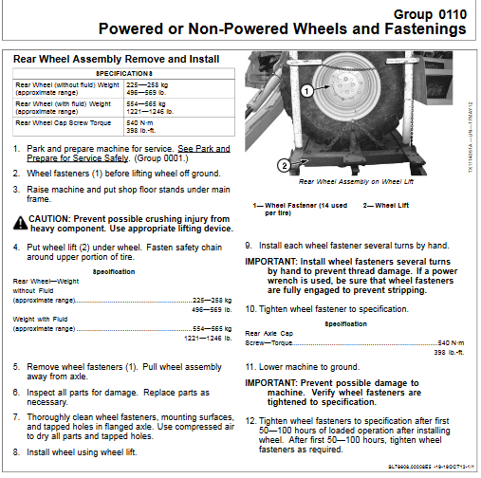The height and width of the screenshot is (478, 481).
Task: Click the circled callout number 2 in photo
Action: click(x=284, y=165)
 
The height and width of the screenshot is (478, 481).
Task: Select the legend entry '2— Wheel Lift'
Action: click(x=390, y=205)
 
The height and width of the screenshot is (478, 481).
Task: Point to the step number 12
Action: click(x=251, y=421)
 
